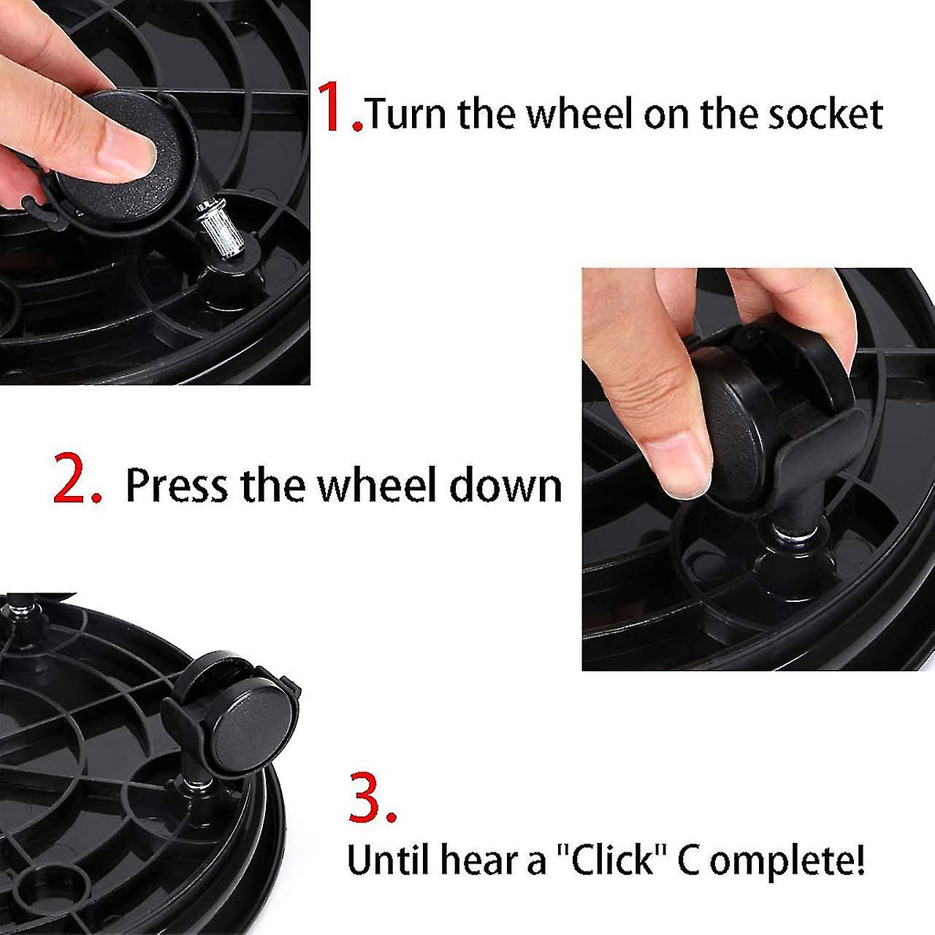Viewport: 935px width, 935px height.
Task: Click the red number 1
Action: [x=335, y=107]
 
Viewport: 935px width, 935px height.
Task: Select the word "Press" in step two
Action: [x=177, y=485]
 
